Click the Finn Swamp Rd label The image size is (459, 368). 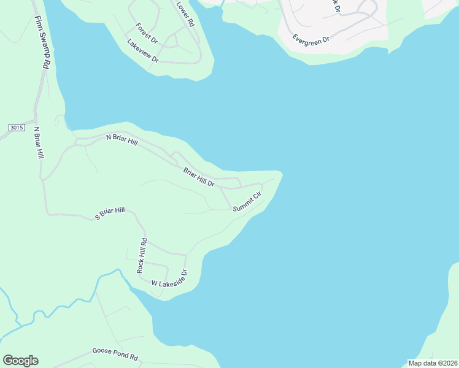pos(42,44)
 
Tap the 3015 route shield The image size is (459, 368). pos(17,128)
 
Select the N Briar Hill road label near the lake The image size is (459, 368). pos(122,139)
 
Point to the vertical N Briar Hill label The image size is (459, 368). pos(39,144)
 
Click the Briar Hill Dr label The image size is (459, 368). pos(199,177)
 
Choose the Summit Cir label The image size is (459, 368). pos(247,202)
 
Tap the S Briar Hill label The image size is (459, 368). pos(110,213)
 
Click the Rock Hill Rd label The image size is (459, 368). pos(142,255)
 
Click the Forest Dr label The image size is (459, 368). pos(147,33)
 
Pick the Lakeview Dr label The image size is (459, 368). pos(143,52)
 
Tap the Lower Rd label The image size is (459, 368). pos(185,13)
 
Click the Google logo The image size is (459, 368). pos(20,361)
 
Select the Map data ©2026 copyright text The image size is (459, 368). pos(433,363)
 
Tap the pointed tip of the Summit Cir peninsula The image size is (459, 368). pos(281,174)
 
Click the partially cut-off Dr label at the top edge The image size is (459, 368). pos(335,6)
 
